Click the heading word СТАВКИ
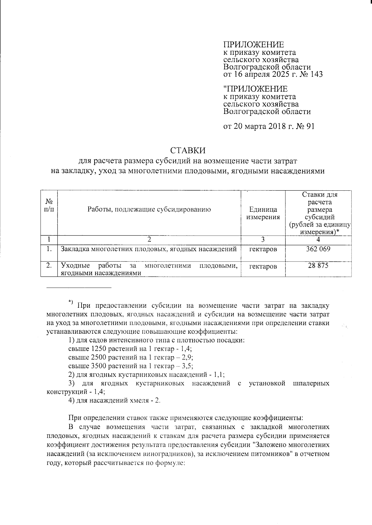(188, 150)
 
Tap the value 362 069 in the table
(318, 249)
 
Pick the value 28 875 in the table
(318, 265)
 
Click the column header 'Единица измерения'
(263, 213)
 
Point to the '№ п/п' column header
(49, 205)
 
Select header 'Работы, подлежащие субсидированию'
(149, 209)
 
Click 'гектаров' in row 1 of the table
(263, 249)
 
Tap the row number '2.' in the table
(49, 265)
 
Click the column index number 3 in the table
(263, 239)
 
